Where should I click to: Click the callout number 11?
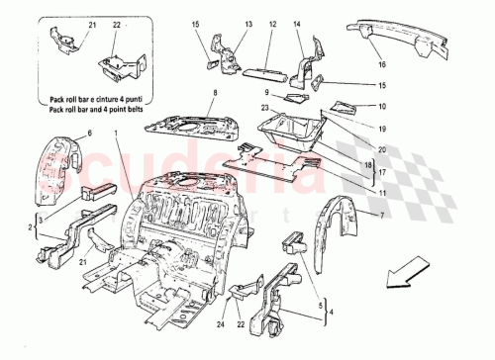pos(381,195)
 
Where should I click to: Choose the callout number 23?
pos(264,108)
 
